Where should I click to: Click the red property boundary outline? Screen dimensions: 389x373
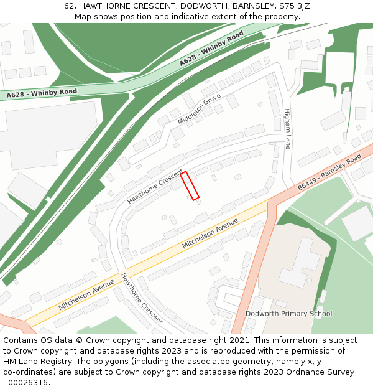190,185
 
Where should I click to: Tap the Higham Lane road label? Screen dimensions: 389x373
287,129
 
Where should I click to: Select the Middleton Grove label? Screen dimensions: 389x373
199,109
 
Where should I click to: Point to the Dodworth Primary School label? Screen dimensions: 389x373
288,314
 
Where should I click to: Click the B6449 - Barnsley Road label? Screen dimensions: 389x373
329,172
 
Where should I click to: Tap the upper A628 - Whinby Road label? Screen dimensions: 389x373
211,49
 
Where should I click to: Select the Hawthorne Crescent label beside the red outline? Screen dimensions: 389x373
155,187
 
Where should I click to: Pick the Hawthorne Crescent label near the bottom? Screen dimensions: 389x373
142,298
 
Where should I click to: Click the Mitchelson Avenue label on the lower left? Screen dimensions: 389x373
86,294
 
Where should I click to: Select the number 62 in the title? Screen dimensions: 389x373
69,6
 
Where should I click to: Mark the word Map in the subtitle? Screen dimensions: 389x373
83,17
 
